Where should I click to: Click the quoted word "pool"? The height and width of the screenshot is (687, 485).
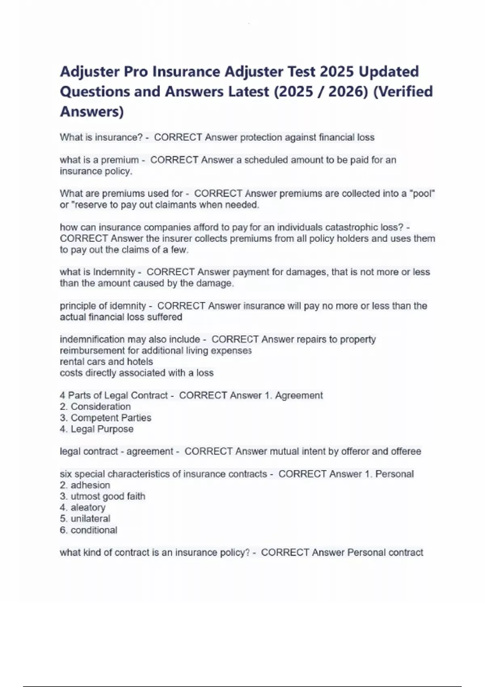pos(422,194)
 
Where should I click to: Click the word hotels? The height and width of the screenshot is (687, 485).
pos(140,362)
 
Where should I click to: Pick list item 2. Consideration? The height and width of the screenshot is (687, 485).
pos(95,407)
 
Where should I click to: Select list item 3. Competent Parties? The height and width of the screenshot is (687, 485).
pos(105,418)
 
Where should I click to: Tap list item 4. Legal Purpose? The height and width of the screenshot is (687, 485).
pos(97,429)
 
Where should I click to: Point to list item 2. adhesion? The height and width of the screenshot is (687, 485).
pos(85,485)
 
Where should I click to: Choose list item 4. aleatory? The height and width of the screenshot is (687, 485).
pos(83,508)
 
